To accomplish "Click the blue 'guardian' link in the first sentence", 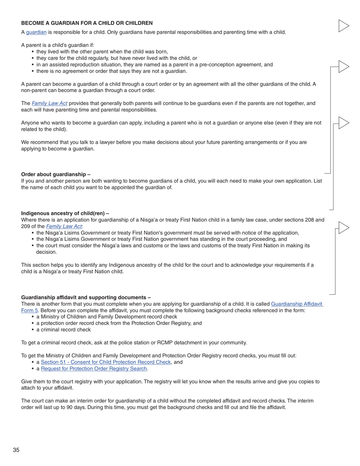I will [36, 32].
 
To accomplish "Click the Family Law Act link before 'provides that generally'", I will [49, 103].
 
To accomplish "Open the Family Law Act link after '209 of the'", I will [64, 227].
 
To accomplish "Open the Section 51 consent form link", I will [106, 362].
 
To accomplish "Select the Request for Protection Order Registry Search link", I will [94, 369].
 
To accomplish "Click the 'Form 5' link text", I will [29, 311].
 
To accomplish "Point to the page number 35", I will [16, 450].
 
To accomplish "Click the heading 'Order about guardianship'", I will [55, 174].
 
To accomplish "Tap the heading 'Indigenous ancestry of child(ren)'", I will [65, 213].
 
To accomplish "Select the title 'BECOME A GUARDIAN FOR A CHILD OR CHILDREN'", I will [87, 23].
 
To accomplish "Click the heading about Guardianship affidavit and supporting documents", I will [86, 297].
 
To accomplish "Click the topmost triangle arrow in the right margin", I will [343, 26].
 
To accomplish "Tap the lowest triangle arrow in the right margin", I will [343, 228].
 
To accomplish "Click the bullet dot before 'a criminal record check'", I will [33, 330].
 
